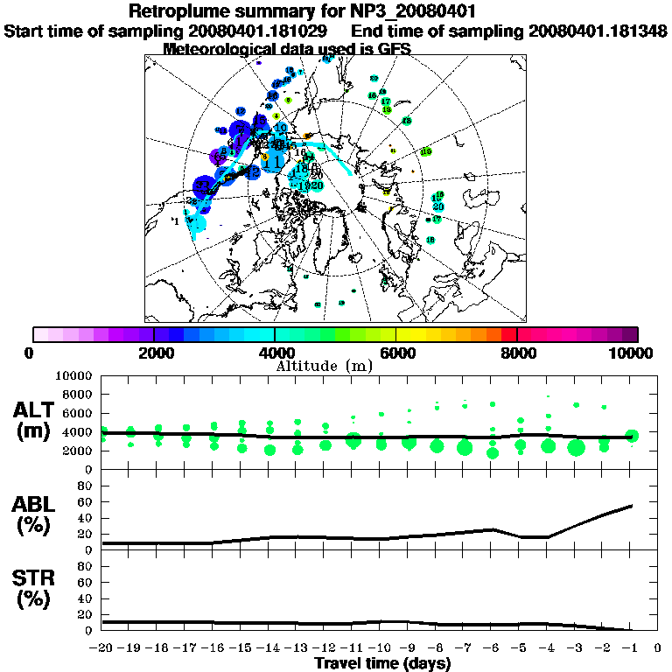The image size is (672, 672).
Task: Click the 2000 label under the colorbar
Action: click(154, 353)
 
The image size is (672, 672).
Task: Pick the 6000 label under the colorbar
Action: click(396, 353)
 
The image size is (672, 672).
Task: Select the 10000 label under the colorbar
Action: click(633, 353)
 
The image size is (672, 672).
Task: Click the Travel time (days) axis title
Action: click(382, 663)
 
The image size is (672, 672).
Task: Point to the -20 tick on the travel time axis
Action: click(103, 648)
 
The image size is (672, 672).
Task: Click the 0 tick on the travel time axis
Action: click(658, 648)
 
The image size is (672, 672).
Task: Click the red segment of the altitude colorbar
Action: click(508, 334)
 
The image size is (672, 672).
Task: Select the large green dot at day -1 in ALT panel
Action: click(632, 436)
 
